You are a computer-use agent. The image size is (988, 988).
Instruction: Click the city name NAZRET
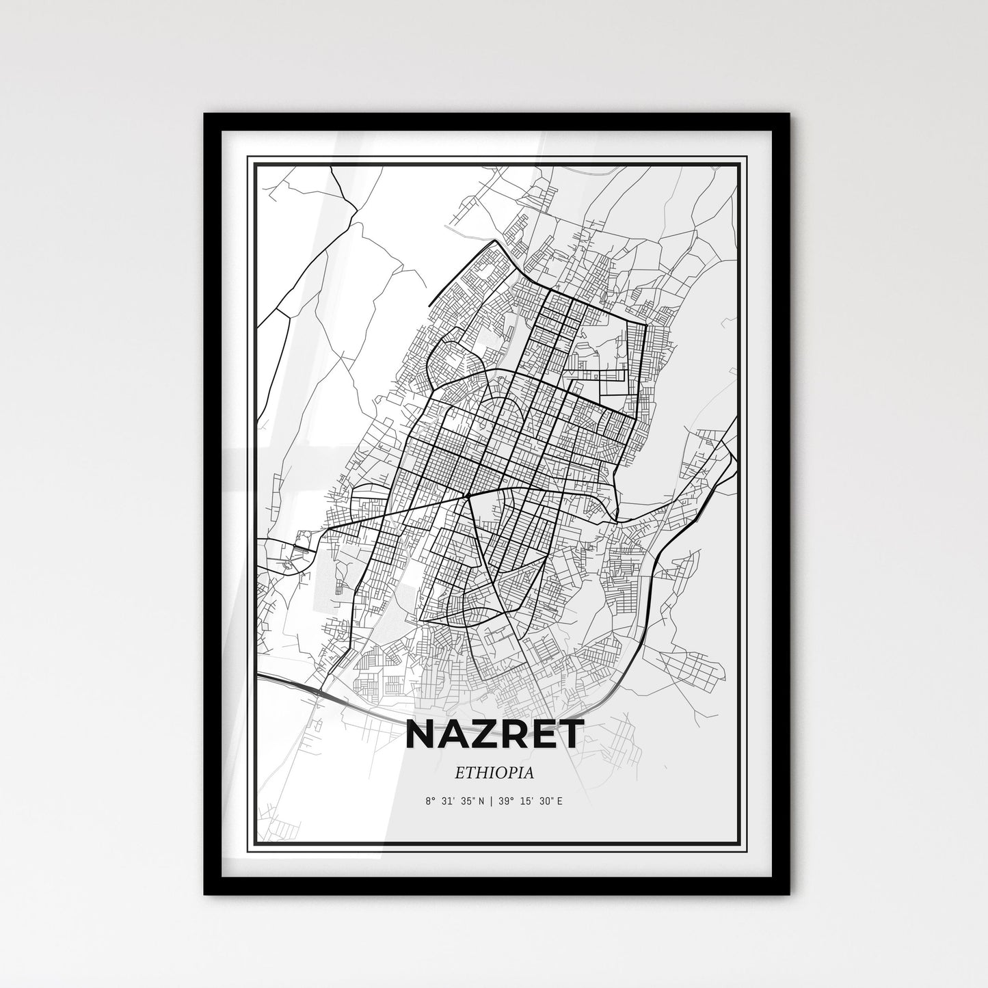click(494, 734)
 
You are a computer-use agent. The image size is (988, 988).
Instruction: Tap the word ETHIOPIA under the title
click(494, 773)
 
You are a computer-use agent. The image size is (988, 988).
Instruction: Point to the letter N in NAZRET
click(420, 734)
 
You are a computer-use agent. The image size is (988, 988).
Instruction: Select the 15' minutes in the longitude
click(527, 801)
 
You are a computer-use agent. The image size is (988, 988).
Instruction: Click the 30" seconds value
click(546, 801)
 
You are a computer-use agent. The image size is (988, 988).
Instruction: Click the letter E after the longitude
click(561, 801)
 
